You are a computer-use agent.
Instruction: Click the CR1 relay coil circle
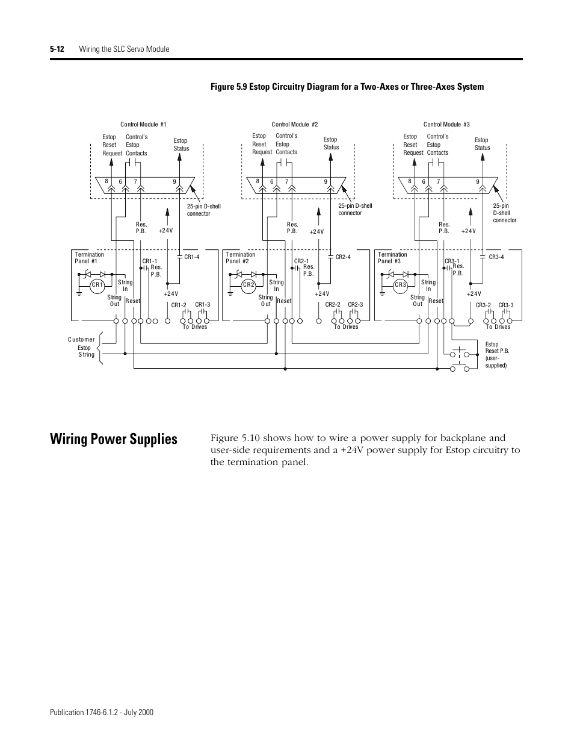coord(97,284)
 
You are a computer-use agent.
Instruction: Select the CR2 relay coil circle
coord(248,284)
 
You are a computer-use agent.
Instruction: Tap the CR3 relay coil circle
coord(401,284)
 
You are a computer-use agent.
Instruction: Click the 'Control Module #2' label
coord(295,125)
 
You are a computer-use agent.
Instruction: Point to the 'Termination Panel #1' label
coord(89,258)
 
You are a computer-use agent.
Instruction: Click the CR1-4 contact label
coord(192,257)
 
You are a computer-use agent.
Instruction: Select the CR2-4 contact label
coord(343,257)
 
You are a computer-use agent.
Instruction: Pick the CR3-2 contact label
coord(483,305)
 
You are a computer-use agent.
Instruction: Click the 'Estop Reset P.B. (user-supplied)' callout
coord(497,355)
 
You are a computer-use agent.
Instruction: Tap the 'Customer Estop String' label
coord(82,347)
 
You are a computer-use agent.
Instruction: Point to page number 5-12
coord(58,49)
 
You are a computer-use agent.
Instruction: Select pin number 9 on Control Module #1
coord(174,181)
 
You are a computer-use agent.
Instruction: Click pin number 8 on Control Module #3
coord(409,181)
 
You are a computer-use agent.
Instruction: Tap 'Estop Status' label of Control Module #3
coord(482,144)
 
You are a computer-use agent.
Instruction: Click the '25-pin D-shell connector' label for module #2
coord(355,210)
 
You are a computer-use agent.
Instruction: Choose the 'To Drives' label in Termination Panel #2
coord(346,327)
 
